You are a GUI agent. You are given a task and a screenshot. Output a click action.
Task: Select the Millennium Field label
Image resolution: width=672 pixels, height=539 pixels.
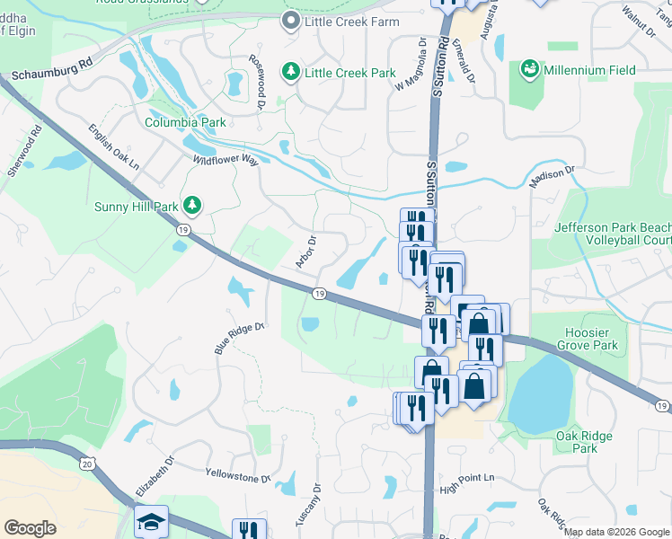coord(591,70)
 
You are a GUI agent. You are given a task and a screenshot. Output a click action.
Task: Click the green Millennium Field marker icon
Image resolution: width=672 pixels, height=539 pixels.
coord(529,69)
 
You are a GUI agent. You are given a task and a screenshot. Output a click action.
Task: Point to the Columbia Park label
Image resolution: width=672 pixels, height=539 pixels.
coord(185,122)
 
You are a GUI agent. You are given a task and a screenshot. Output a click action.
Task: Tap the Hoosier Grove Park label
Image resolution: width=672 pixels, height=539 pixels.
coord(588,339)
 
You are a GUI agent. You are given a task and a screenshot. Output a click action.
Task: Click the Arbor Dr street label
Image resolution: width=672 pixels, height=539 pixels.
coord(308,252)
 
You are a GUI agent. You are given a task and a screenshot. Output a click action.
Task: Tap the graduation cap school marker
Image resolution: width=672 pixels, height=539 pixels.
coord(151,521)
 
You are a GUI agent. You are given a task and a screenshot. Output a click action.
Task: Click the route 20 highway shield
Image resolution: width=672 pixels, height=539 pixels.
coord(87,463)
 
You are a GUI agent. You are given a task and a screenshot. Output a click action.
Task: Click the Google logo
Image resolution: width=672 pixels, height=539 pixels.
coord(31,528)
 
